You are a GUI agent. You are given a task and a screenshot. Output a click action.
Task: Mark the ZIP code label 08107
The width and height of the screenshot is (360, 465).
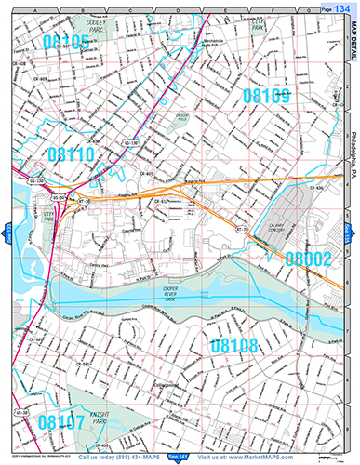[61, 422]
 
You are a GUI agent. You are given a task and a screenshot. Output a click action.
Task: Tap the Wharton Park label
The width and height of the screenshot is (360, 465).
[246, 26]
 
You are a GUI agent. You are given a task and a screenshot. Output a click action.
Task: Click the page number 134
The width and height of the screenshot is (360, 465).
[342, 7]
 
